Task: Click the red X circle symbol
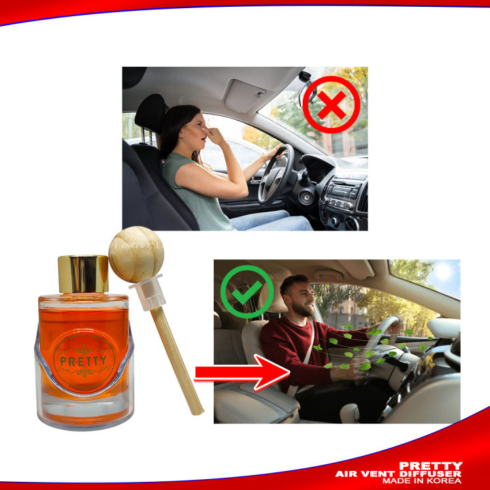click(x=331, y=105)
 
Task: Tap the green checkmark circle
click(x=246, y=292)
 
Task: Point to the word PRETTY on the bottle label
click(x=84, y=360)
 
